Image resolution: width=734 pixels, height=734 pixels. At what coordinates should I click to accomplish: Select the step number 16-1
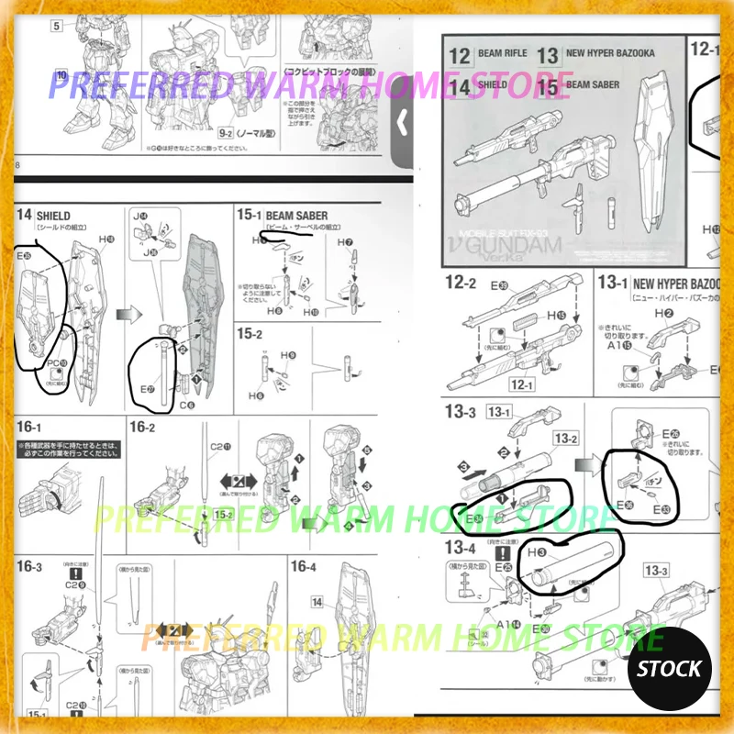pyautogui.click(x=29, y=428)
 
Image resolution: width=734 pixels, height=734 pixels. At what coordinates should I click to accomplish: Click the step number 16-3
pyautogui.click(x=29, y=566)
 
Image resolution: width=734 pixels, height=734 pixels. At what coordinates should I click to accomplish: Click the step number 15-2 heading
pyautogui.click(x=250, y=335)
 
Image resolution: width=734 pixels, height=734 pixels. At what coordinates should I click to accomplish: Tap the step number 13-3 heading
pyautogui.click(x=460, y=412)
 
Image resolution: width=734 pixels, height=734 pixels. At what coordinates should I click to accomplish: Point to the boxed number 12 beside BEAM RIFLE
pyautogui.click(x=460, y=54)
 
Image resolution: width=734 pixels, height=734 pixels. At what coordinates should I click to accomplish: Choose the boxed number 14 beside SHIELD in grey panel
pyautogui.click(x=460, y=85)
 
